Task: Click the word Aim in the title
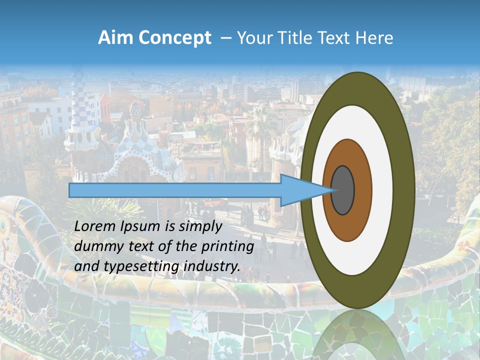pos(116,38)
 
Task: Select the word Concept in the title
pos(175,38)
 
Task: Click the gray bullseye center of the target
pos(342,190)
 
